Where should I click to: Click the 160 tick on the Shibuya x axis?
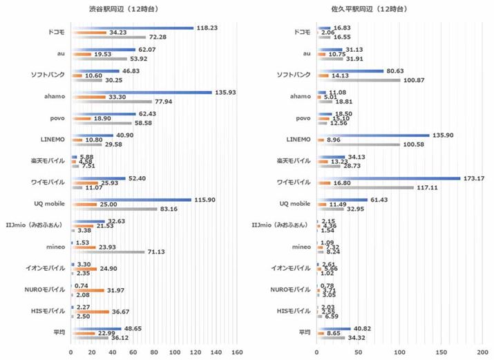[x=236, y=352]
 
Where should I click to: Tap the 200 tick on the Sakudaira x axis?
[x=482, y=352]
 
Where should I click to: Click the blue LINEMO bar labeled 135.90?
[x=373, y=135]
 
